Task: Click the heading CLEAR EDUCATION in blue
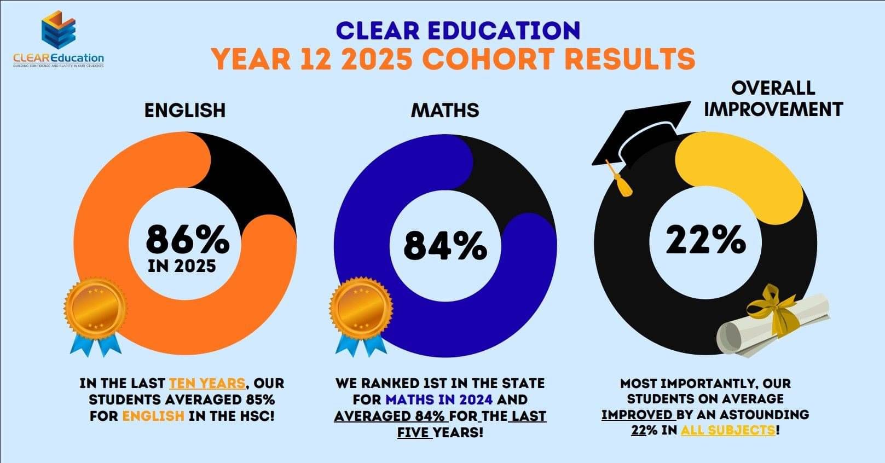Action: click(458, 31)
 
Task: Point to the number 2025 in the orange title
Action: click(376, 59)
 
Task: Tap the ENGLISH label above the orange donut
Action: click(185, 111)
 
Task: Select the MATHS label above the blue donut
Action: click(445, 111)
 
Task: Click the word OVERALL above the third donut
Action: click(773, 88)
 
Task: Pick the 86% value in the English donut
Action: click(188, 239)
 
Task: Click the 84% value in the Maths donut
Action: click(445, 246)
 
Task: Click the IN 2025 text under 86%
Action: click(182, 267)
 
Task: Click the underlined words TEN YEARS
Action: click(207, 383)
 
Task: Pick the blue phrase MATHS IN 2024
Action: click(439, 400)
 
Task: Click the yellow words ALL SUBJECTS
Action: click(728, 430)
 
